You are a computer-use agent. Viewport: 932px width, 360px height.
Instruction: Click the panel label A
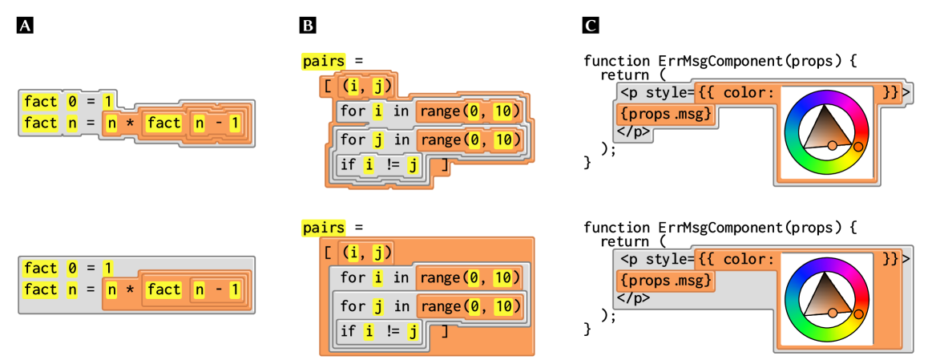(25, 26)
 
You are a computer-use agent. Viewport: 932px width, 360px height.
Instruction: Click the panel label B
(308, 26)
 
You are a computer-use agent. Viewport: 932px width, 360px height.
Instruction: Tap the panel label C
(590, 26)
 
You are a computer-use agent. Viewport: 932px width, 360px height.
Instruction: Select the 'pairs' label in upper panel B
(324, 61)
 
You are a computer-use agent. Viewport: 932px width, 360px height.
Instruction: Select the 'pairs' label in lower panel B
(324, 229)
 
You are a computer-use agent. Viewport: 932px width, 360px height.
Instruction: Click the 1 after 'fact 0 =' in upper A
(107, 101)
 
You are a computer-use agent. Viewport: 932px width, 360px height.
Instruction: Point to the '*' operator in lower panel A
(129, 289)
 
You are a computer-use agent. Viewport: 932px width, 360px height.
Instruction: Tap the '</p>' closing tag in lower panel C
(633, 297)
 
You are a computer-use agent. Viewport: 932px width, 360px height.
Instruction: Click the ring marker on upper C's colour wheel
(858, 147)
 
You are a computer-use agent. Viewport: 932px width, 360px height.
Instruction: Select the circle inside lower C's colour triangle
(833, 312)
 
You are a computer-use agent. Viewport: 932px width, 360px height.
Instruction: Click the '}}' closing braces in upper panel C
(890, 92)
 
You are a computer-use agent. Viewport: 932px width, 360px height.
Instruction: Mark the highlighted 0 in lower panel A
(72, 268)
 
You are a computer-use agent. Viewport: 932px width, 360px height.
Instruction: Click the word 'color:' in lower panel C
(748, 259)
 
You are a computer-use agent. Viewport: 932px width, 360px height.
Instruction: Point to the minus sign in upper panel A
(214, 123)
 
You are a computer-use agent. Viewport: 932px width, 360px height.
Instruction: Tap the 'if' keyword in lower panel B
(348, 331)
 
